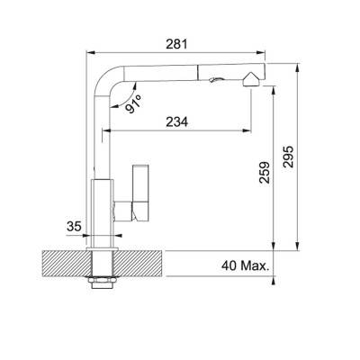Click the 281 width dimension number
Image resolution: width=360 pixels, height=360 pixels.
click(176, 44)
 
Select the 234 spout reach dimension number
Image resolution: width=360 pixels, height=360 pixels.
click(177, 121)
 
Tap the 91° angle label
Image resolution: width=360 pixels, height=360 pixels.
click(133, 103)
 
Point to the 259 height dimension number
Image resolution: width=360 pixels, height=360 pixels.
click(265, 173)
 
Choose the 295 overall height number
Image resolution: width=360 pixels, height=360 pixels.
click(288, 157)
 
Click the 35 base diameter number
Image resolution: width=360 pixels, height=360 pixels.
click(74, 226)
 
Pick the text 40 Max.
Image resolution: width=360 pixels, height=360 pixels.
click(245, 265)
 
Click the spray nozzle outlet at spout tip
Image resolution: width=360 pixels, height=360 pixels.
click(251, 80)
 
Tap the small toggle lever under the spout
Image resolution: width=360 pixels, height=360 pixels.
click(215, 79)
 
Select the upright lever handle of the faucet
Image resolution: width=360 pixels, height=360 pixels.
click(140, 193)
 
